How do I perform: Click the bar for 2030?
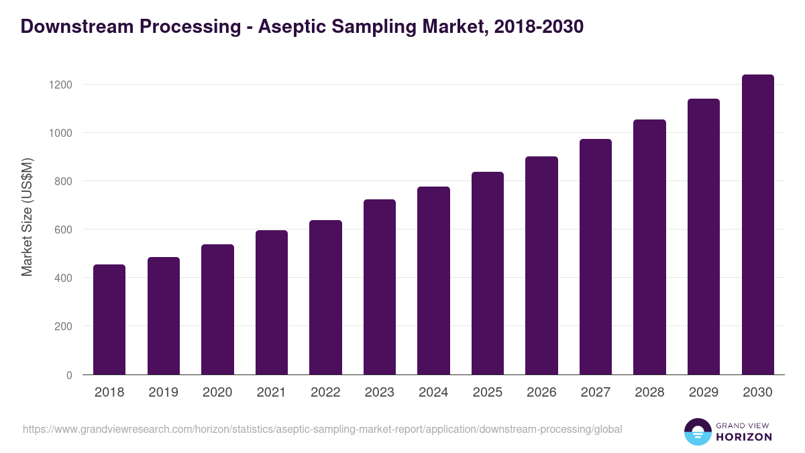pyautogui.click(x=758, y=225)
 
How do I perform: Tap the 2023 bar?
pyautogui.click(x=380, y=287)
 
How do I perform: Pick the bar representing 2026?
pyautogui.click(x=541, y=266)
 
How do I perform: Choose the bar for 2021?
pyautogui.click(x=272, y=303)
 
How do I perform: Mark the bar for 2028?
pyautogui.click(x=649, y=247)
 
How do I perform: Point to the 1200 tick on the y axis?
pyautogui.click(x=60, y=85)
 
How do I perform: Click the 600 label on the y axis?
pyautogui.click(x=63, y=230)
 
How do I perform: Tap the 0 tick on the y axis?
pyautogui.click(x=69, y=375)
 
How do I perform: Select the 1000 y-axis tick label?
pyautogui.click(x=60, y=133)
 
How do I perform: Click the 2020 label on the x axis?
pyautogui.click(x=217, y=393)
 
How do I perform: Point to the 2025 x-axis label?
pyautogui.click(x=488, y=393)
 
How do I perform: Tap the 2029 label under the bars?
pyautogui.click(x=704, y=393)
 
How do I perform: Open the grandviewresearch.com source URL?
pyautogui.click(x=323, y=429)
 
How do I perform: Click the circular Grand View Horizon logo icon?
pyautogui.click(x=698, y=432)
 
